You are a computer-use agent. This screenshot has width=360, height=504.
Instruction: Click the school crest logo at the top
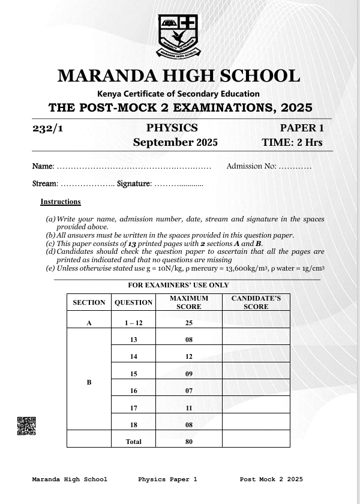click(178, 35)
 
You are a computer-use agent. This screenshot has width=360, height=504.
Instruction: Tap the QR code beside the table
click(26, 425)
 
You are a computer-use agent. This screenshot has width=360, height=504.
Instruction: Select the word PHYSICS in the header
click(172, 128)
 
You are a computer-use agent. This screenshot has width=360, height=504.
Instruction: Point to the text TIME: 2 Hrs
click(292, 143)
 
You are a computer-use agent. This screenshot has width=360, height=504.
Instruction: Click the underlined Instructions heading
click(61, 202)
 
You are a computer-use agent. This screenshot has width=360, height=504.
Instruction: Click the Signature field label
click(134, 184)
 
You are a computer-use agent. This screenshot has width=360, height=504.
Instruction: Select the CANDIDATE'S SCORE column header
click(256, 302)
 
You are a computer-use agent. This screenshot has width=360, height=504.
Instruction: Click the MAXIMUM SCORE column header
click(188, 302)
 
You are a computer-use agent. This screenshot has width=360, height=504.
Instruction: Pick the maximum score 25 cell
click(188, 323)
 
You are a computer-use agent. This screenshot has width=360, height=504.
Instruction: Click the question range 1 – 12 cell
click(134, 323)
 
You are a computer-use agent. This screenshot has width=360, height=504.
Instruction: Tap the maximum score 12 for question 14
click(188, 356)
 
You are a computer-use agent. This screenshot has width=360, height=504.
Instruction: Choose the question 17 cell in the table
click(134, 408)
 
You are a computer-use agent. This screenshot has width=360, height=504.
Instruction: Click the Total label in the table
click(134, 442)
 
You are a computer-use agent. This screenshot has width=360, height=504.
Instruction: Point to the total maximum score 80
click(188, 442)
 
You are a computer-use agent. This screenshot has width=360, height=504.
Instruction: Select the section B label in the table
click(89, 382)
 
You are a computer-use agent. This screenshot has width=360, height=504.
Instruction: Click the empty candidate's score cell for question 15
click(256, 374)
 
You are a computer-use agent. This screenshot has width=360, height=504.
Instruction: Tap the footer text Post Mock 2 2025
click(271, 479)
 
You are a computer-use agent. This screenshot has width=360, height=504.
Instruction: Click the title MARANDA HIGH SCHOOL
click(179, 76)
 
